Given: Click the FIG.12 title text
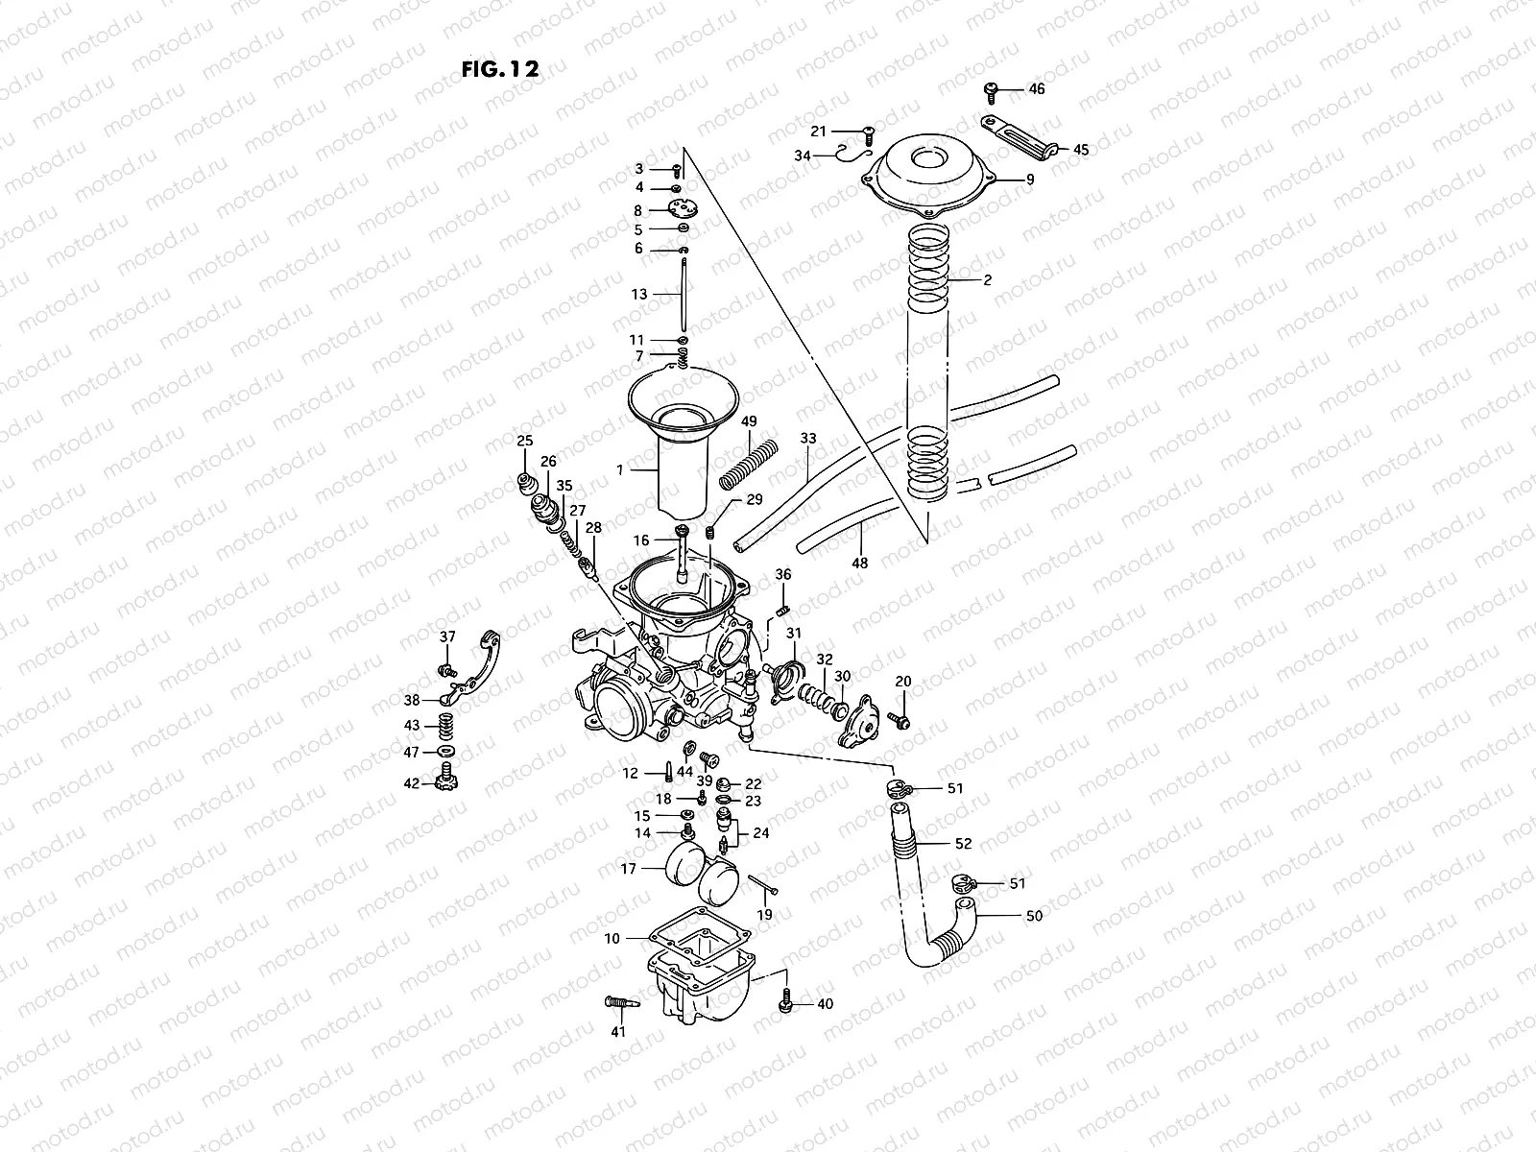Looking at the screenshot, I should (499, 69).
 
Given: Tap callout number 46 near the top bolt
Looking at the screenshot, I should (1036, 89).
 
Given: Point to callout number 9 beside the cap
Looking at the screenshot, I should (1029, 179).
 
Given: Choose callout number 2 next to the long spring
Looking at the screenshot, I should (987, 281).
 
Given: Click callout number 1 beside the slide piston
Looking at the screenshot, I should (620, 470).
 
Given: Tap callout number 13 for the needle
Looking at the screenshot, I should (639, 294).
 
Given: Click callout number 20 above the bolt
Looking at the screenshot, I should (903, 681).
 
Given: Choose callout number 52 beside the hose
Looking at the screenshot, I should (963, 844).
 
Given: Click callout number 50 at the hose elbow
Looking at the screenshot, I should (1034, 916).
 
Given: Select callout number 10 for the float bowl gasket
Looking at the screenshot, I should (612, 937).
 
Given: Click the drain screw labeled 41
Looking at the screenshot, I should (622, 1003).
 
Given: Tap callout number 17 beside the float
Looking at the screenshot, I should (628, 870).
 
